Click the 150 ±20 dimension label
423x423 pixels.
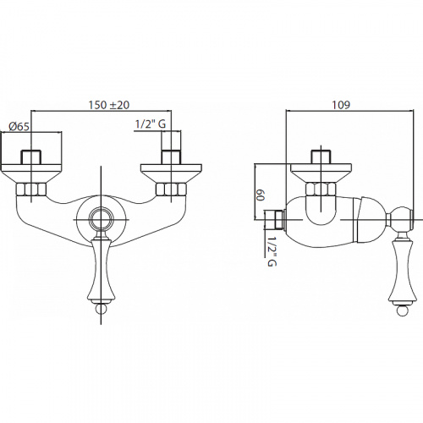pyautogui.click(x=109, y=105)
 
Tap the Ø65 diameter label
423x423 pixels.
pyautogui.click(x=19, y=127)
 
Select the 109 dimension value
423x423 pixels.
pyautogui.click(x=341, y=105)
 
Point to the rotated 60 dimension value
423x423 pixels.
pyautogui.click(x=260, y=195)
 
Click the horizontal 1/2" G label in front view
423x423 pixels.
pyautogui.click(x=151, y=124)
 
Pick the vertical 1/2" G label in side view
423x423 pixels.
pyautogui.click(x=272, y=251)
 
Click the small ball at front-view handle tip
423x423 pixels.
pyautogui.click(x=101, y=309)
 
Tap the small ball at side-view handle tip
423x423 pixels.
pyautogui.click(x=402, y=310)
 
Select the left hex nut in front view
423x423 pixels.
pyautogui.click(x=31, y=190)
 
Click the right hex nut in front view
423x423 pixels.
pyautogui.click(x=171, y=190)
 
